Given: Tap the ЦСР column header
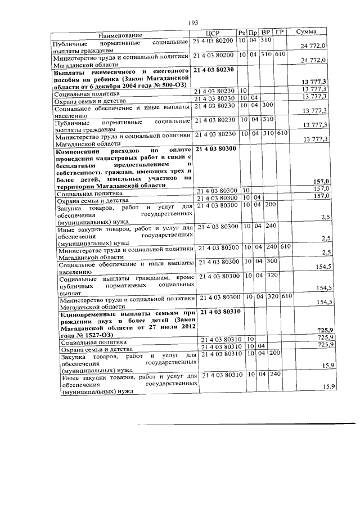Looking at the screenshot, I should pyautogui.click(x=211, y=33).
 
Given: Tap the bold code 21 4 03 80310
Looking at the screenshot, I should pyautogui.click(x=220, y=311).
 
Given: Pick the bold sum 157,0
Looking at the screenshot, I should pyautogui.click(x=321, y=181).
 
